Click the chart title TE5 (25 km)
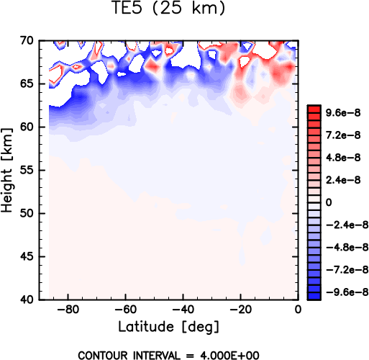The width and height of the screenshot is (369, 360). pyautogui.click(x=169, y=8)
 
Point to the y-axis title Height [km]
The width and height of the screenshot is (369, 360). pyautogui.click(x=7, y=170)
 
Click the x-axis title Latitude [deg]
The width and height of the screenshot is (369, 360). pyautogui.click(x=169, y=327)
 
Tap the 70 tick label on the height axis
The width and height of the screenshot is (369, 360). pyautogui.click(x=27, y=40)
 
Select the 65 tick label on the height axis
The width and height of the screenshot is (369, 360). pyautogui.click(x=27, y=84)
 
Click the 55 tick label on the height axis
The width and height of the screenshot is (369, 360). pyautogui.click(x=27, y=170)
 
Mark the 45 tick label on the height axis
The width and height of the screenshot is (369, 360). pyautogui.click(x=27, y=256)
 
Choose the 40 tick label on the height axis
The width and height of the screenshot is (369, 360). pyautogui.click(x=27, y=300)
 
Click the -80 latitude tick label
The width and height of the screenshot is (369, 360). pyautogui.click(x=68, y=310)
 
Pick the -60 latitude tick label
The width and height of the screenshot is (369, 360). pyautogui.click(x=125, y=310)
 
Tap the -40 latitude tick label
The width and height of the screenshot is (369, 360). pyautogui.click(x=183, y=310)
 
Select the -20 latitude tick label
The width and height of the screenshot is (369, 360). pyautogui.click(x=240, y=310)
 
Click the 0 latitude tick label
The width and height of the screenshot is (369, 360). pyautogui.click(x=298, y=310)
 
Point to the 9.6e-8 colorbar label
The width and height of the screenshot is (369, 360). pyautogui.click(x=343, y=112)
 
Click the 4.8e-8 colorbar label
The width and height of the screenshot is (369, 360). pyautogui.click(x=343, y=158)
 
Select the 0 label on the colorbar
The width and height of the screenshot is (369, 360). pyautogui.click(x=329, y=202)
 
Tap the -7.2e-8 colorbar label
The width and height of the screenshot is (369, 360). pyautogui.click(x=347, y=270)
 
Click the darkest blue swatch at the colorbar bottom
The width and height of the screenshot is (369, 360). pyautogui.click(x=314, y=296)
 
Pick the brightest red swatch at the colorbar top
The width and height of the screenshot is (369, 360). pyautogui.click(x=314, y=109)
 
